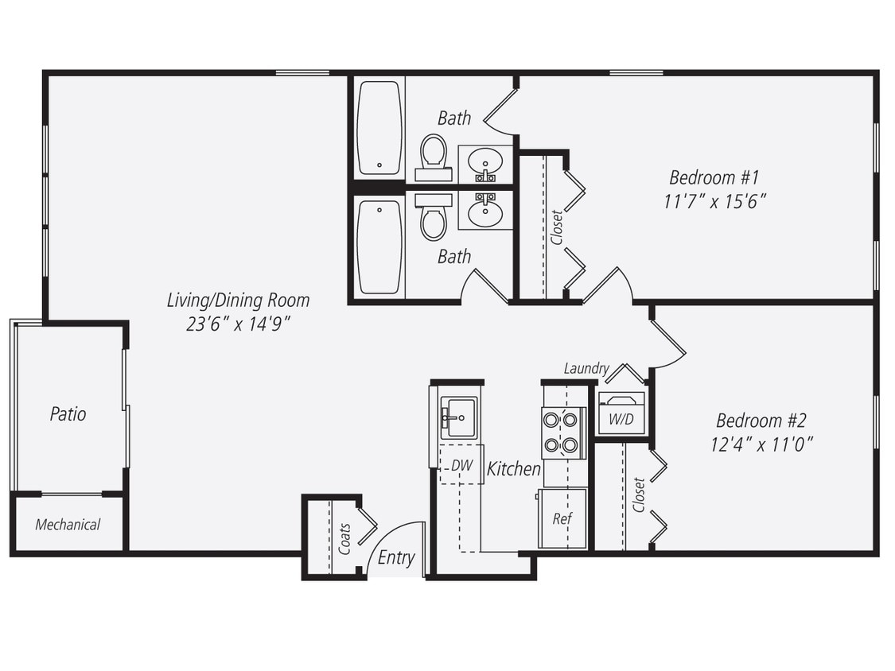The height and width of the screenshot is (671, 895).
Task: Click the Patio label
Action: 68,414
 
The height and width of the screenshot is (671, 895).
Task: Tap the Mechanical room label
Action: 68,525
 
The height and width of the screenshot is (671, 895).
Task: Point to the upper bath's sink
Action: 484,165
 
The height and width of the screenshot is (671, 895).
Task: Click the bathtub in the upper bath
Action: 379,127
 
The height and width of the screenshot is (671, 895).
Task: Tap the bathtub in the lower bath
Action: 379,246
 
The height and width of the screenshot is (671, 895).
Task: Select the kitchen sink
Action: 459,417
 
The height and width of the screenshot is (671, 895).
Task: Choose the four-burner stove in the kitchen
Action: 563,432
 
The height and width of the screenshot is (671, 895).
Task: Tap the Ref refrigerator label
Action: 562,518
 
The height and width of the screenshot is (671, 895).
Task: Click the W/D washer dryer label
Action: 621,419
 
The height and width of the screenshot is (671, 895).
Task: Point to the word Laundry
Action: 586,368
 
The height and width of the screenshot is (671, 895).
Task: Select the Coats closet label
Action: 344,539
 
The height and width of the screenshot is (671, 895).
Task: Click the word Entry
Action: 396,557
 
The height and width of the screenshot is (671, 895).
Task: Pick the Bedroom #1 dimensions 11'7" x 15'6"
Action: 714,201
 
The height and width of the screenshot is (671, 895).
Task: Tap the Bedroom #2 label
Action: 761,420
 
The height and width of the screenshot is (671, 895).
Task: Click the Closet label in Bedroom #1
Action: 556,227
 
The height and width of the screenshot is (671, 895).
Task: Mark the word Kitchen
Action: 514,469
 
